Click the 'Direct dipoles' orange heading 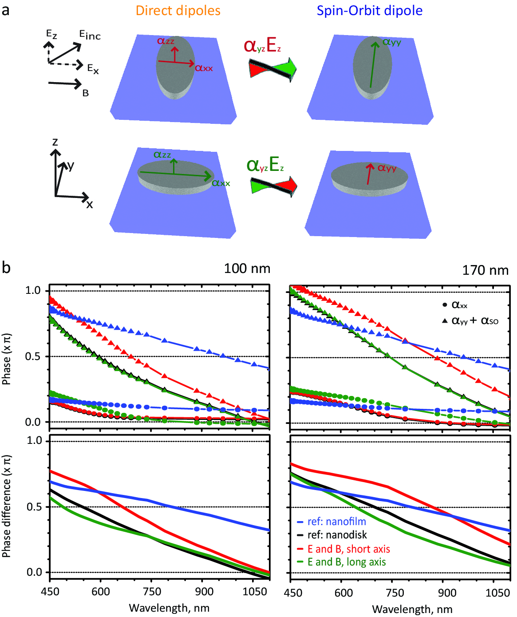click(178, 11)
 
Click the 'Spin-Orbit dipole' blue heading click(369, 11)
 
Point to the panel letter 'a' click(6, 10)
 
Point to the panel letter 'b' click(6, 268)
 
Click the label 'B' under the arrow click(86, 93)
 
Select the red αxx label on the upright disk click(204, 68)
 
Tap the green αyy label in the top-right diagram click(392, 42)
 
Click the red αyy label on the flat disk click(387, 168)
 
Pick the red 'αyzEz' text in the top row click(262, 46)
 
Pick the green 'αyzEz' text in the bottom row click(265, 165)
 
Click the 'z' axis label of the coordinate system click(55, 142)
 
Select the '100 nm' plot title click(247, 269)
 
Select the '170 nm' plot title click(485, 270)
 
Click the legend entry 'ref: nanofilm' click(337, 522)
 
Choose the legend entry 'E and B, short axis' click(349, 549)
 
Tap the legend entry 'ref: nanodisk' click(337, 535)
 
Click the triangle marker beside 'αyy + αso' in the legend click(445, 320)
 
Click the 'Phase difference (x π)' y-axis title click(7, 506)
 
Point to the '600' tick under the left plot click(101, 592)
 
